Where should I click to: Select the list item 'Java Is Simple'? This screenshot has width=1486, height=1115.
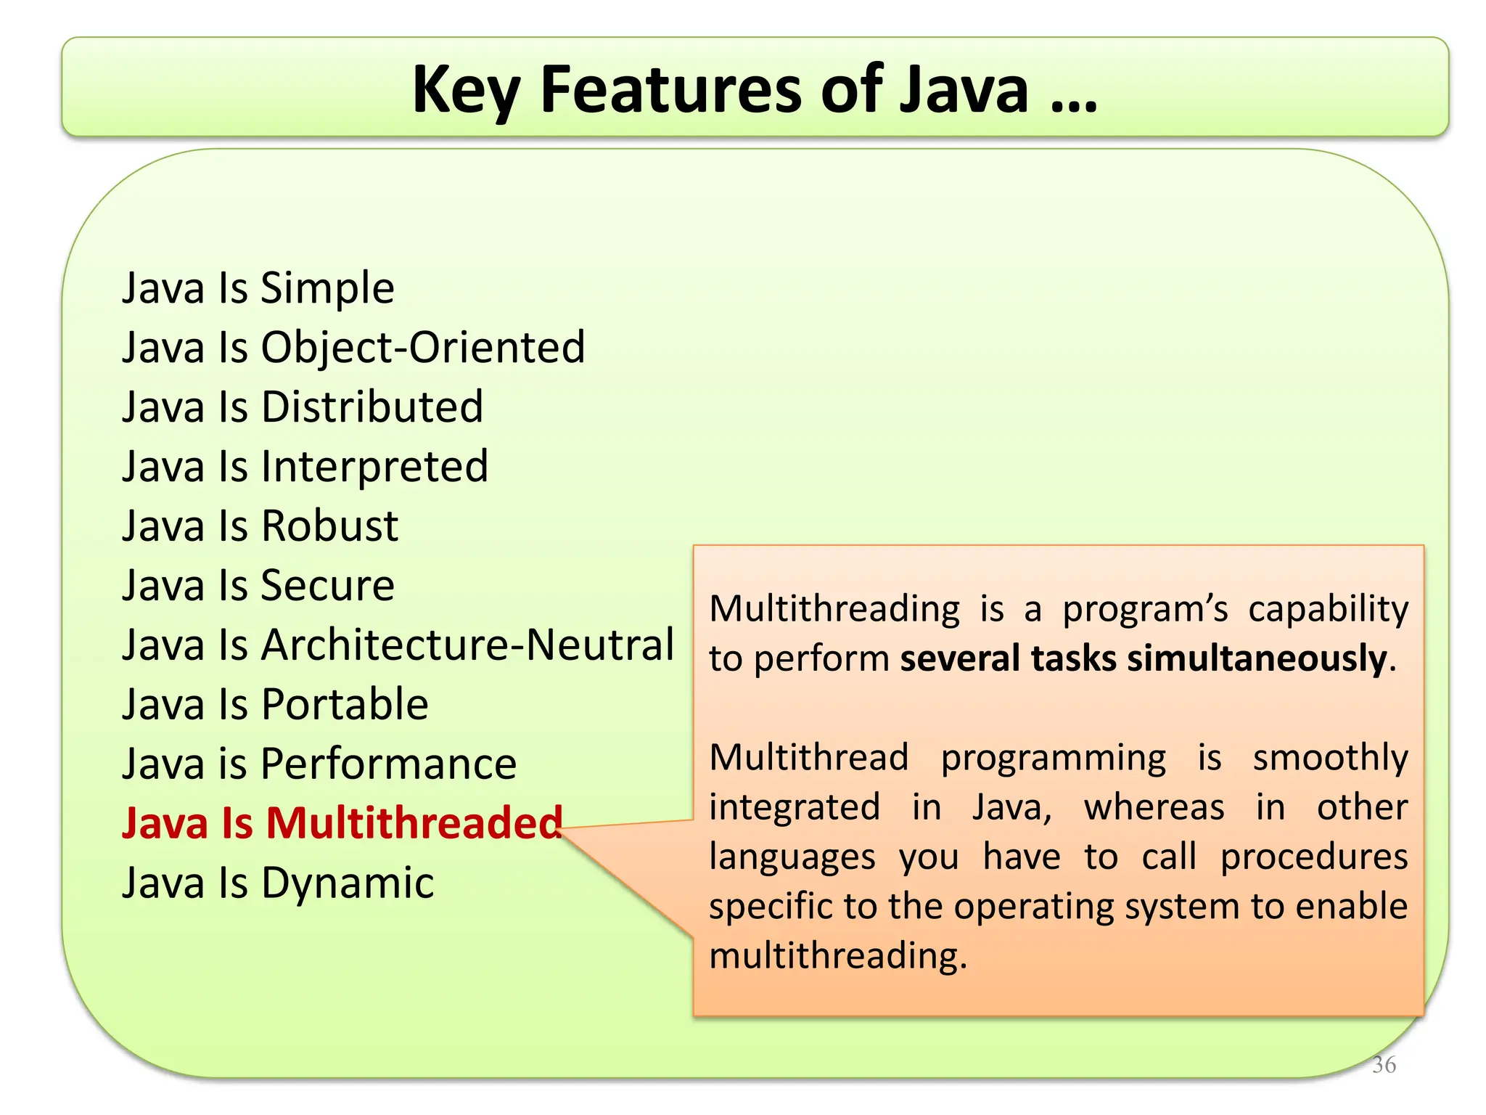point(258,288)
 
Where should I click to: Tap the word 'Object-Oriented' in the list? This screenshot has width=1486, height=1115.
point(423,348)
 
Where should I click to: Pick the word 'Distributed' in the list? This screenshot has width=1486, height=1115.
point(372,407)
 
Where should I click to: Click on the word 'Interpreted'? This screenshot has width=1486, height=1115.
point(374,467)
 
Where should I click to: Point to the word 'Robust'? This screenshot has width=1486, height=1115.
point(329,526)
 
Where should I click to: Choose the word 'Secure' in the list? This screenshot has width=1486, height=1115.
point(327,586)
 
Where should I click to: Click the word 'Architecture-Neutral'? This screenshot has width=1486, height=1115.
point(467,645)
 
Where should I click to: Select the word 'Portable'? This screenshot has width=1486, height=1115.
point(345,705)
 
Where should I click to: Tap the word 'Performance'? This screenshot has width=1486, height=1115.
point(388,764)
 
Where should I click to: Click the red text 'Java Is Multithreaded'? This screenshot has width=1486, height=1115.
point(342,824)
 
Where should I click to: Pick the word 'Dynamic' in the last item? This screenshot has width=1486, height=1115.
point(348,883)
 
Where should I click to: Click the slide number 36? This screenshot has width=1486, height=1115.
point(1384,1065)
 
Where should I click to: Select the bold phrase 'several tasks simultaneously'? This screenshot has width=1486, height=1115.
point(1144,659)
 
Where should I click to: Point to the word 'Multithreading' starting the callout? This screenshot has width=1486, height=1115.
point(834,608)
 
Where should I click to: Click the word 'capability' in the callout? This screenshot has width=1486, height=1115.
point(1328,610)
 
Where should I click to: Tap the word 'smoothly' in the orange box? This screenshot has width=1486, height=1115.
point(1330,759)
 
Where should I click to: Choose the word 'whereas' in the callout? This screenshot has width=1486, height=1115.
point(1154,807)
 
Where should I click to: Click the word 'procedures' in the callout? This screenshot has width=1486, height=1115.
point(1313,857)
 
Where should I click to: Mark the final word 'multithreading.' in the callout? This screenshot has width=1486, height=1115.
point(838,956)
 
